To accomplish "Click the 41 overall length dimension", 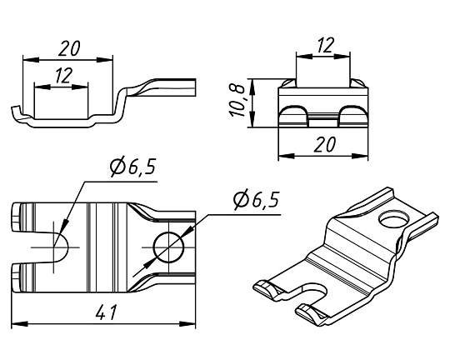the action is (106, 312).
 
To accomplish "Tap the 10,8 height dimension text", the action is (237, 101).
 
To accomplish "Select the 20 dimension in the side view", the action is (69, 48).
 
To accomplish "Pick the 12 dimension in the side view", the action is (63, 76).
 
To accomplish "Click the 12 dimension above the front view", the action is (326, 45).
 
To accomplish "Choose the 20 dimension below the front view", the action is (325, 144).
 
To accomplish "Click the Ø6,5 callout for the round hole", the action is (257, 199).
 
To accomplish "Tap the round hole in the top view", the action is (168, 247).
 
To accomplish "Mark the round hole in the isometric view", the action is (394, 220).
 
